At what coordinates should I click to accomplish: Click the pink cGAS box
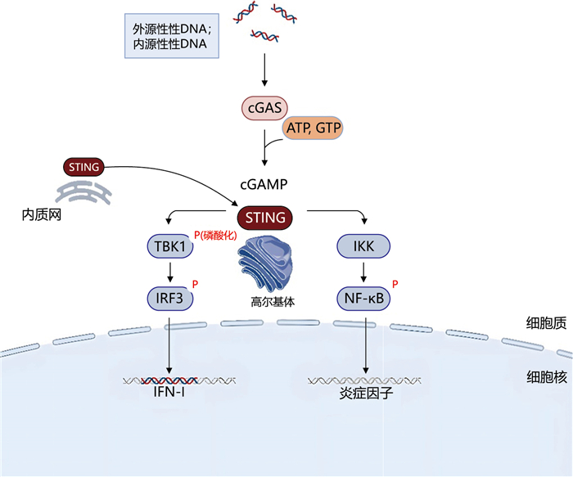point(264,109)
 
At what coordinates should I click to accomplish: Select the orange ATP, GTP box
point(314,128)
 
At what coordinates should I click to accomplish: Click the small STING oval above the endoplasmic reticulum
point(84,168)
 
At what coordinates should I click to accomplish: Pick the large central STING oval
point(265,218)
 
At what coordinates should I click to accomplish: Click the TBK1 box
point(169,245)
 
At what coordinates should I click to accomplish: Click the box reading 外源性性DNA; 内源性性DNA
point(172,36)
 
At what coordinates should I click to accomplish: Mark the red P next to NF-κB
point(395,285)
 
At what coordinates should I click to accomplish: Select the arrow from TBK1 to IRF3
point(169,272)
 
